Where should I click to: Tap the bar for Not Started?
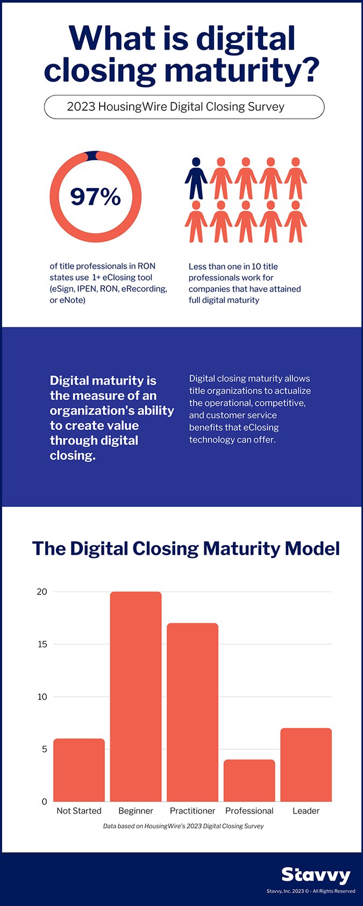pos(79,770)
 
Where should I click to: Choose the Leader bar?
pos(306,765)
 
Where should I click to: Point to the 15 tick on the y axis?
pos(42,644)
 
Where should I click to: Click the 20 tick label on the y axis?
pos(42,592)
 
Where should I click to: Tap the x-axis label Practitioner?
pos(193,811)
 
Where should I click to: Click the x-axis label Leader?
pos(306,811)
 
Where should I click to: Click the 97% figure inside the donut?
pos(95,197)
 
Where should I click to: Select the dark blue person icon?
pos(196,178)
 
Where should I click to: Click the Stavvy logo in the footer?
pos(316,875)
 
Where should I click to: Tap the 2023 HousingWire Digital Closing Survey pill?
pos(184,107)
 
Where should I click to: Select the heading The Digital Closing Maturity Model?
pos(186,548)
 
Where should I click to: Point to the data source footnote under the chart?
pos(183,826)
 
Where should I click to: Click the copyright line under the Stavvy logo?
pos(311,891)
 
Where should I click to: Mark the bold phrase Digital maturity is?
pos(103,381)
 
